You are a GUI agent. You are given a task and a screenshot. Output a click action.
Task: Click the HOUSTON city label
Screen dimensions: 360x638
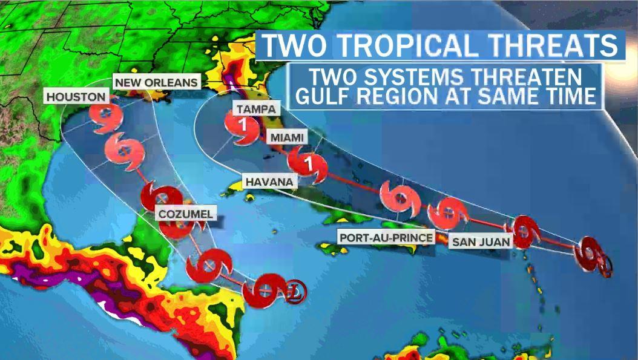click(76, 97)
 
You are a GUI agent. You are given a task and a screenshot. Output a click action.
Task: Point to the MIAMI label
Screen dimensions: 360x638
click(287, 138)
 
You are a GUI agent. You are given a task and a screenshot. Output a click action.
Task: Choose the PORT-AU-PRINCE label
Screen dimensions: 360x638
click(386, 237)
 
